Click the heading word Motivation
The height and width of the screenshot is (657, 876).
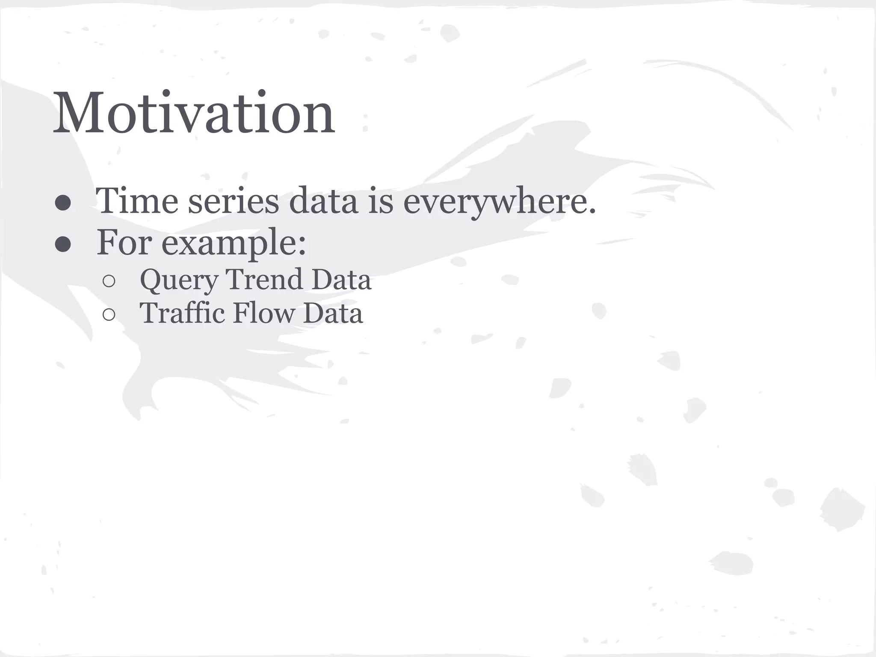[x=193, y=113]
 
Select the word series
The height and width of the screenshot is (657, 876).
[x=234, y=201]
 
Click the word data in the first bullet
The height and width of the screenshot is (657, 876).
[x=323, y=201]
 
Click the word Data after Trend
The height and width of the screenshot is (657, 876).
[x=341, y=279]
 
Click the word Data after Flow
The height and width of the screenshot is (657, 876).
[x=333, y=313]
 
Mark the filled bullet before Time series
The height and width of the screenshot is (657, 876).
[x=63, y=203]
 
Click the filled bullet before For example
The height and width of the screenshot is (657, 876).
[x=63, y=244]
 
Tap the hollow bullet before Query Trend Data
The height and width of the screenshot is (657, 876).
[x=109, y=281]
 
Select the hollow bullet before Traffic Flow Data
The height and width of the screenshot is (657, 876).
[x=109, y=315]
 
